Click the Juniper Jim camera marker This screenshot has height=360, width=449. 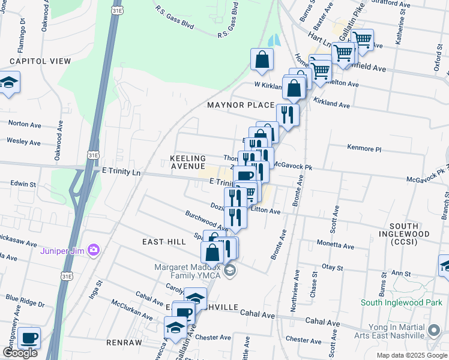point(93,250)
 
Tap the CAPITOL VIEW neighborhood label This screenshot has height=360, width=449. point(40,61)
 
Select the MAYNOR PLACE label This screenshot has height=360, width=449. point(241,105)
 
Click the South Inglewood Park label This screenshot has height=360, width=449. point(402,303)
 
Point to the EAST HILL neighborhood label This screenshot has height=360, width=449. point(164,241)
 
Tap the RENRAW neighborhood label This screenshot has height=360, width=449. point(124,343)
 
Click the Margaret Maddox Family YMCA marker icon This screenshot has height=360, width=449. point(229,272)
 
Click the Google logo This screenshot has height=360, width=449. point(20,353)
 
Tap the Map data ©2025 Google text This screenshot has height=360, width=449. point(412,355)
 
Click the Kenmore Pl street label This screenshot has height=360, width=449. point(364,148)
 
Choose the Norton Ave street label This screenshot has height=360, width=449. point(23,123)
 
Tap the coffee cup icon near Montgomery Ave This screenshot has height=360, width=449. point(29,337)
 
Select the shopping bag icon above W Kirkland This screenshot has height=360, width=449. point(262,59)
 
